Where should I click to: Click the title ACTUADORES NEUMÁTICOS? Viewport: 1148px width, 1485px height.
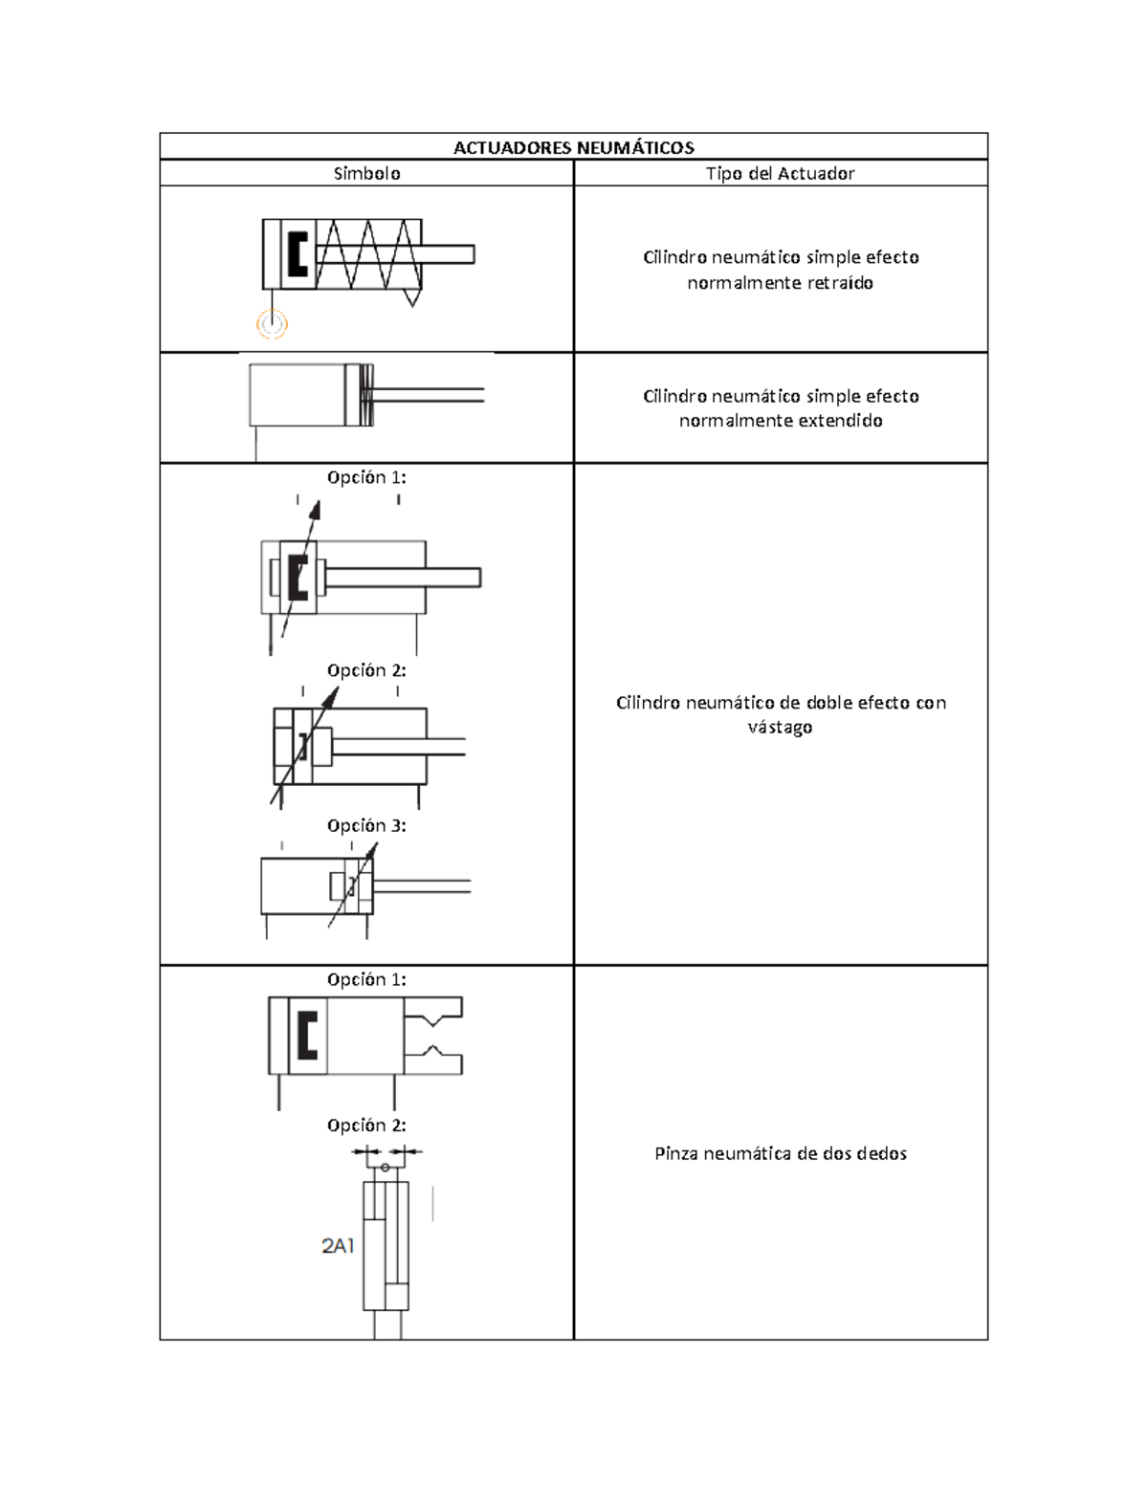574,147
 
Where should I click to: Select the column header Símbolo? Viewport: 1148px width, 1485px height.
366,174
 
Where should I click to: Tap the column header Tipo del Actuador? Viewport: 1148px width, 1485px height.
780,174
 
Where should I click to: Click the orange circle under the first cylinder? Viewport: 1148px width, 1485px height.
272,323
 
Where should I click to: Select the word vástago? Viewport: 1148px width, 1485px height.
780,727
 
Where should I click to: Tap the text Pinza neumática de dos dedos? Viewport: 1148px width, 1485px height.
780,1154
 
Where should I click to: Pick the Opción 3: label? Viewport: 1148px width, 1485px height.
366,825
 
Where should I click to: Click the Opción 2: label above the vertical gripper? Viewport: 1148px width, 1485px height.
366,1125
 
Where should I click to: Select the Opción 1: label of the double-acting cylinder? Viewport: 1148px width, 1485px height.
366,478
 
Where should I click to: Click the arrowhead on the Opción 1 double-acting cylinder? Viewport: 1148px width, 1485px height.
315,510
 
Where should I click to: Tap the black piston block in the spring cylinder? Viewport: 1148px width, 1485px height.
298,253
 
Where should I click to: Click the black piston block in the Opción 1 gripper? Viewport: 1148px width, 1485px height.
308,1036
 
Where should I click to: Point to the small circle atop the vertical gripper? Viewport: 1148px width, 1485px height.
385,1168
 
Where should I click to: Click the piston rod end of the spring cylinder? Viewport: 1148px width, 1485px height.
473,254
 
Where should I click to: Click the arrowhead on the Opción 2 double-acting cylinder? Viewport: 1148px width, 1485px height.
332,696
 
